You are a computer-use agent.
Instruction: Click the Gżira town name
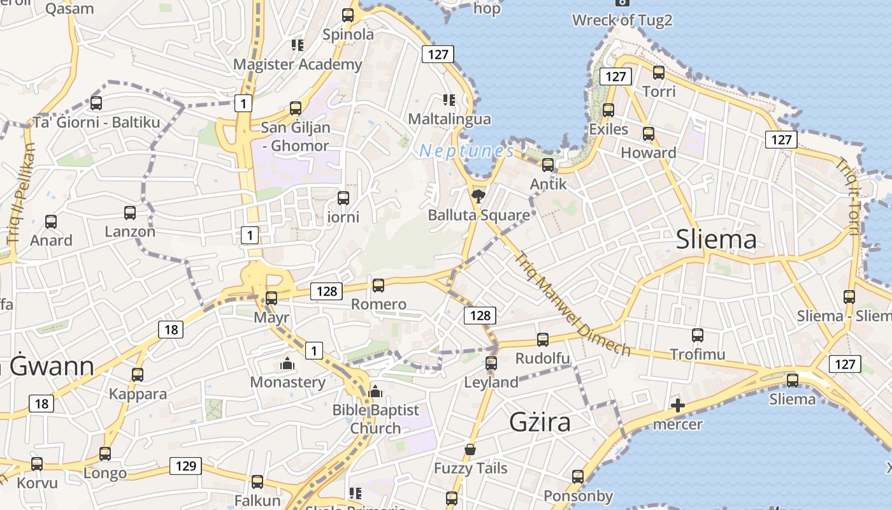click(x=540, y=422)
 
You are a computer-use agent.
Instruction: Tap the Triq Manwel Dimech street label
click(x=572, y=303)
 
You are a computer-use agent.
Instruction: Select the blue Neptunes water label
click(x=466, y=151)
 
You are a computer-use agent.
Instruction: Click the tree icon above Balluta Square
click(x=478, y=196)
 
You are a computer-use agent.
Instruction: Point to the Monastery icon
click(x=287, y=364)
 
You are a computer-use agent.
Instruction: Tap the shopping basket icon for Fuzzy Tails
click(x=470, y=450)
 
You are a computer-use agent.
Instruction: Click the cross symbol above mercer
click(x=678, y=405)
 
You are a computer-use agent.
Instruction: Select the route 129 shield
click(x=185, y=466)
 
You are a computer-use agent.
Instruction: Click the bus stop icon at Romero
click(x=378, y=285)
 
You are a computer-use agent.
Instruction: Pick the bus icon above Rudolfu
click(x=543, y=340)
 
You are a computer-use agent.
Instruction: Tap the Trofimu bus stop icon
click(x=698, y=335)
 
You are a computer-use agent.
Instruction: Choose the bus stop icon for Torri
click(x=659, y=73)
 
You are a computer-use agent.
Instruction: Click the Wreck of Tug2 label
click(x=622, y=20)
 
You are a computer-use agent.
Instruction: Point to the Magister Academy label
click(x=298, y=64)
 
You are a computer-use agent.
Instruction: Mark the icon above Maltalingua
click(x=449, y=100)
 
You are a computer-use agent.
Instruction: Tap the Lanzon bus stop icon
click(x=130, y=213)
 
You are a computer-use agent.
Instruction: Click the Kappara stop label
click(x=138, y=394)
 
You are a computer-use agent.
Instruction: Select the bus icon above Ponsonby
click(x=578, y=477)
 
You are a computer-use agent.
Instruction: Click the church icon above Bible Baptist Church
click(x=375, y=391)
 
